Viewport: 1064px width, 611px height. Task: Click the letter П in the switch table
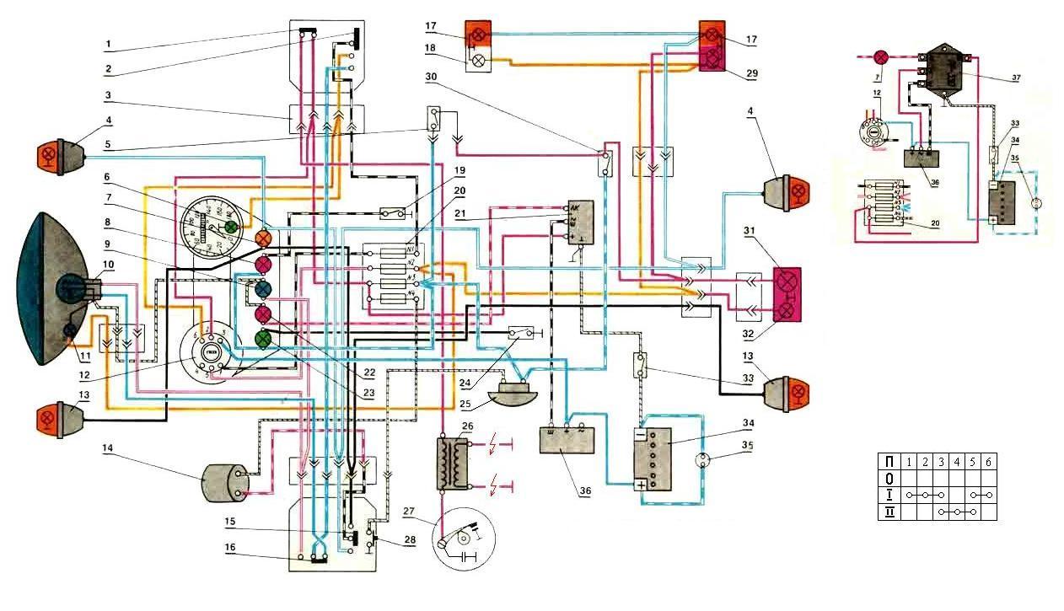pyautogui.click(x=888, y=461)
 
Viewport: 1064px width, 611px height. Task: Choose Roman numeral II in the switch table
pyautogui.click(x=888, y=511)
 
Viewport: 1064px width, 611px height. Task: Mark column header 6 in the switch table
pyautogui.click(x=987, y=461)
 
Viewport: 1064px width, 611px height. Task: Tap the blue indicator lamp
pyautogui.click(x=263, y=291)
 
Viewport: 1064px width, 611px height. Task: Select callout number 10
pyautogui.click(x=107, y=265)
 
